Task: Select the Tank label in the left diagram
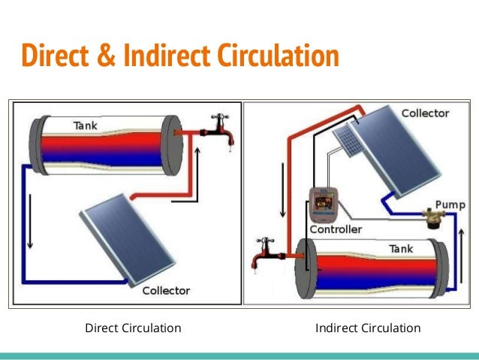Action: click(84, 126)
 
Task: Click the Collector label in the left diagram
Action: click(166, 290)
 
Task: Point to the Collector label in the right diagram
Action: click(425, 113)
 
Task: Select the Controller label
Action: click(336, 229)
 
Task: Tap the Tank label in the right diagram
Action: click(401, 248)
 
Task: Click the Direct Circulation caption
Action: click(133, 328)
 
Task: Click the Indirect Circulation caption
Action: click(368, 328)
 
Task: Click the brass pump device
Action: click(432, 217)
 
